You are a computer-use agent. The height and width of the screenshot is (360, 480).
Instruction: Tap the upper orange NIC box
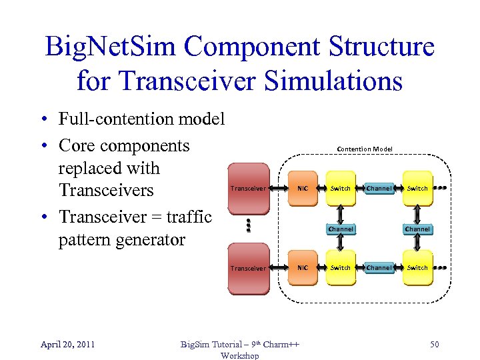tap(303, 189)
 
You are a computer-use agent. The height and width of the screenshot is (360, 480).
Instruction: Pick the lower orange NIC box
tap(303, 268)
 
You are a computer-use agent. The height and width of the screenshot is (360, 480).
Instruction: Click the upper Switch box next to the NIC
tap(341, 189)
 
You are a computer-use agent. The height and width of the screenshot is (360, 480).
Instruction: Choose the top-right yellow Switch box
tap(417, 189)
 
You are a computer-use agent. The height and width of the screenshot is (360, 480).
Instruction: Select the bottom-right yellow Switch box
tap(417, 268)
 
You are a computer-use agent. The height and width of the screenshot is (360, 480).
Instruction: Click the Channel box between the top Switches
tap(379, 189)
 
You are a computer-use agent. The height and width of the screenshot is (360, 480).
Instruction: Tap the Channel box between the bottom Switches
tap(379, 268)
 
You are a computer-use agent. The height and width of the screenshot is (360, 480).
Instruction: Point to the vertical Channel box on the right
tap(417, 229)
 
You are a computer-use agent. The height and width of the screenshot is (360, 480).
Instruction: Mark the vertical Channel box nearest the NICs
tap(341, 229)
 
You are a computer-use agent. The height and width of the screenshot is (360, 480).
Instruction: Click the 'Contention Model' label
tap(365, 149)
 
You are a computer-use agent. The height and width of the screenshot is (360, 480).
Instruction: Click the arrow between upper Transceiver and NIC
tap(279, 189)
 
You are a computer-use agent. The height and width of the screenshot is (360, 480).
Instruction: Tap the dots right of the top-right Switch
tap(440, 189)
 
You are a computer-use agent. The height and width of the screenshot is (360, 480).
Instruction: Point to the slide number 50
tap(434, 344)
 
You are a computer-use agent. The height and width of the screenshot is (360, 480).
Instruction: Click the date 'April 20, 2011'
tap(67, 344)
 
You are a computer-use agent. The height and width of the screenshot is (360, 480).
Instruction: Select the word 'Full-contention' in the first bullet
tap(107, 119)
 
